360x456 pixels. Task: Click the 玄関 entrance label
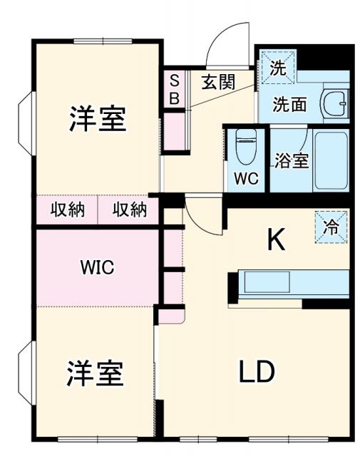coord(218,81)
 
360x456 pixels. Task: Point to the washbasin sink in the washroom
coord(334,104)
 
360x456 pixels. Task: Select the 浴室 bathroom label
coord(292,160)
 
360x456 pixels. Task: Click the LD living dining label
coord(257,371)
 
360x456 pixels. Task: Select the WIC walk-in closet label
coord(98,268)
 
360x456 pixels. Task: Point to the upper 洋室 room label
coord(98,120)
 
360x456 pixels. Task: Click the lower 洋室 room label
coord(96,373)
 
